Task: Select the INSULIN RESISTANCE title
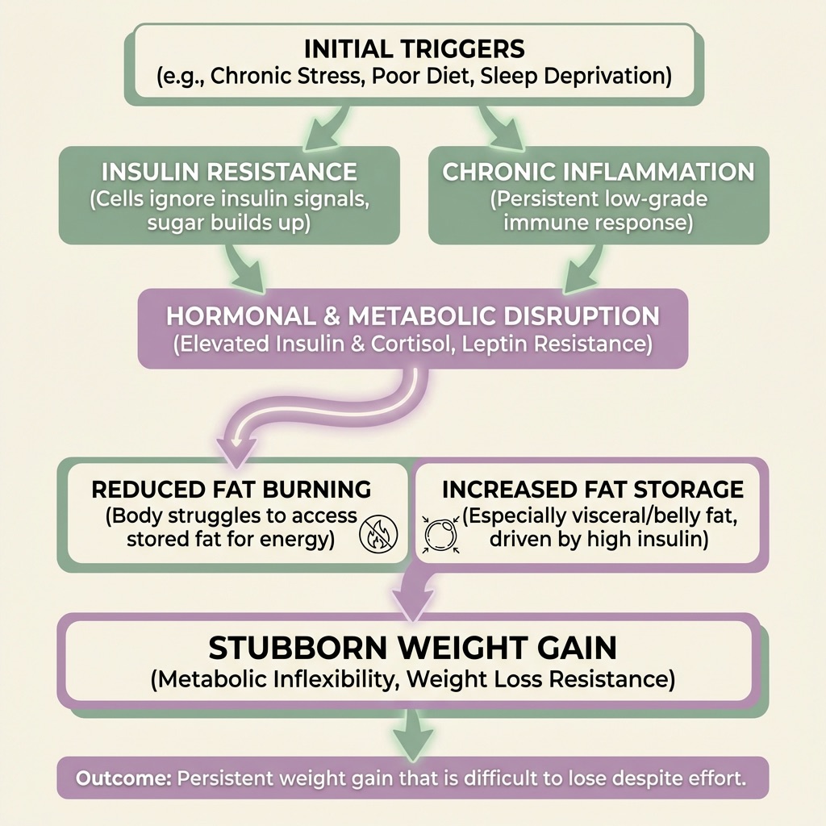coord(230,171)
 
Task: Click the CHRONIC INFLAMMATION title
coord(598,171)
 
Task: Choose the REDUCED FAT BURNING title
coord(232,489)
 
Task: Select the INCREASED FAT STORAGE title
coord(593,489)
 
